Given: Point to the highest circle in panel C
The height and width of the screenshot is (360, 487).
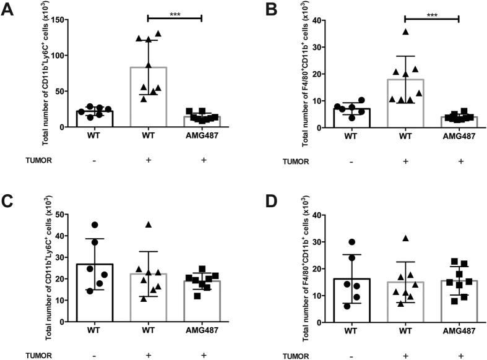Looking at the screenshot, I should (94, 225).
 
